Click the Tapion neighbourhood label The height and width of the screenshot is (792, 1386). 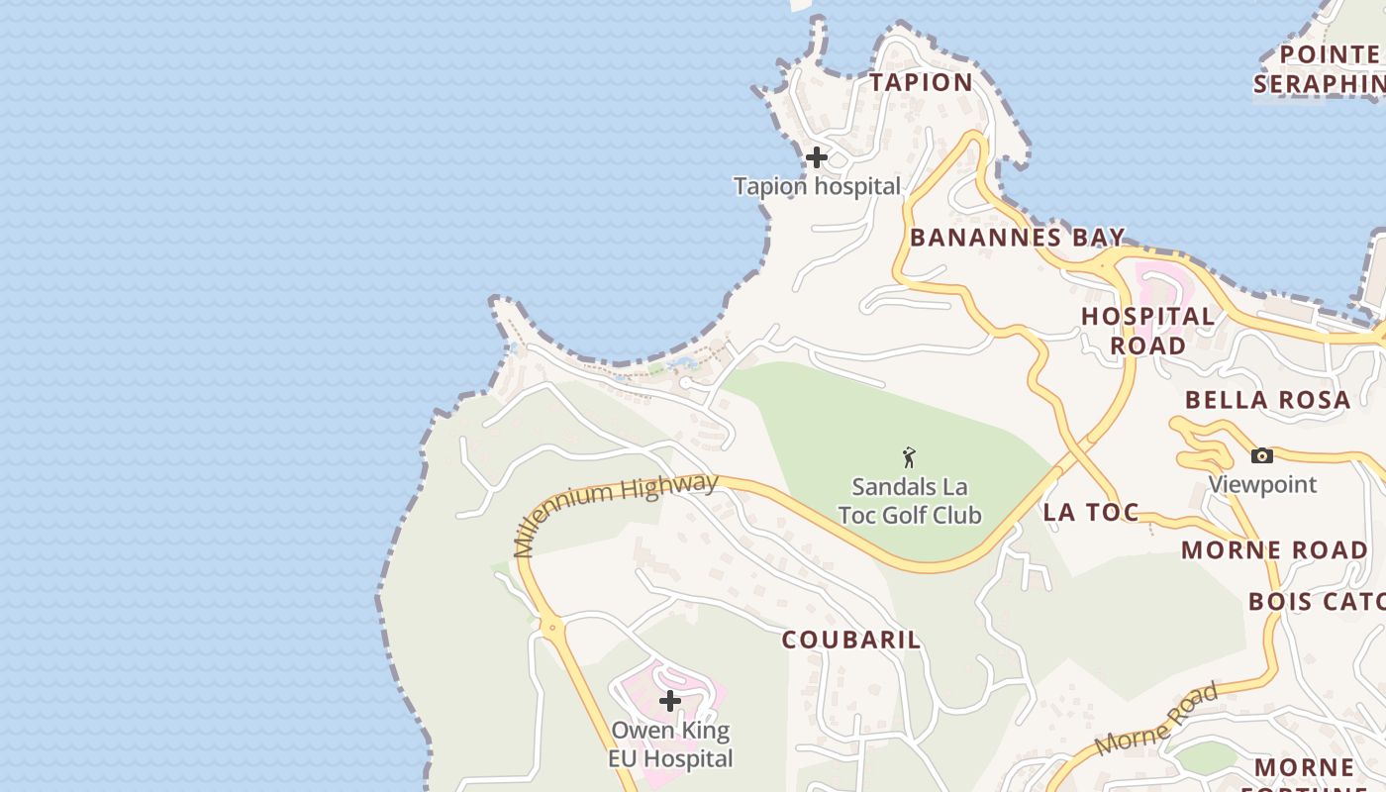921,82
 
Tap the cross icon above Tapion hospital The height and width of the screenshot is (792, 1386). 816,157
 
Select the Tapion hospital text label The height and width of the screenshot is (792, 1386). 817,186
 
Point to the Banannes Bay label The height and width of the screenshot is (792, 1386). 1017,238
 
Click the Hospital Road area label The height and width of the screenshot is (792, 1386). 1147,331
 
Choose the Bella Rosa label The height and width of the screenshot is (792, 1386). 1267,400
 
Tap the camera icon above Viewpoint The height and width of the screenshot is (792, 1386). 1261,455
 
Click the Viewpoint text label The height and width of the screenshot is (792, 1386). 1262,484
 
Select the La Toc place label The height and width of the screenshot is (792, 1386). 1090,512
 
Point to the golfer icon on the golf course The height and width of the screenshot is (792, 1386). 909,457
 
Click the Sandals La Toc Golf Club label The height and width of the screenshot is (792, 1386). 909,501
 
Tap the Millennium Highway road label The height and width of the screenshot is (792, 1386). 616,512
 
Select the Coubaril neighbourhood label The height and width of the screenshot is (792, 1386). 851,640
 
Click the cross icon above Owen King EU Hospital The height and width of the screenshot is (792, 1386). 670,701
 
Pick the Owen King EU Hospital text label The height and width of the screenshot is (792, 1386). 671,745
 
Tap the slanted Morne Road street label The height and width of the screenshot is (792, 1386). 1156,720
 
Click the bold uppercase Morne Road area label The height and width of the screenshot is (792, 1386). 1274,549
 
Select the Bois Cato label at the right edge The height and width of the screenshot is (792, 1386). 1316,601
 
